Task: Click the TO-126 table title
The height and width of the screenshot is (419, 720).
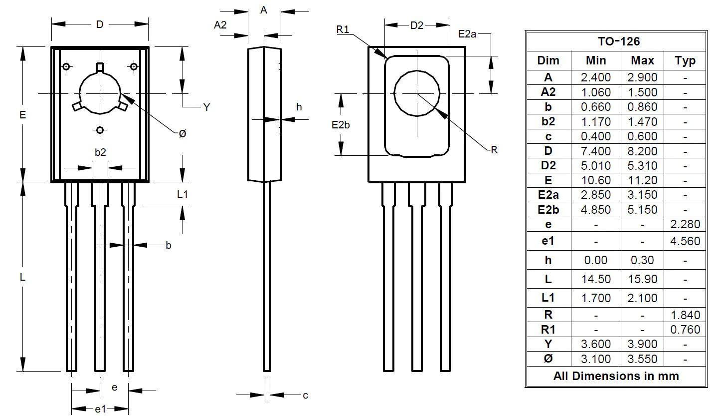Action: pyautogui.click(x=619, y=41)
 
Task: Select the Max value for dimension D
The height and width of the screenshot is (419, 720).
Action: pyautogui.click(x=643, y=151)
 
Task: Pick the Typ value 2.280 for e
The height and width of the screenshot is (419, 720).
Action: pyautogui.click(x=685, y=224)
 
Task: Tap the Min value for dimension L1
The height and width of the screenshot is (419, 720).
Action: pyautogui.click(x=596, y=298)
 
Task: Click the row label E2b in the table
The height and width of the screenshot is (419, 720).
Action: pyautogui.click(x=548, y=210)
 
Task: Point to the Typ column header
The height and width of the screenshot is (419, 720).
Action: pyautogui.click(x=685, y=60)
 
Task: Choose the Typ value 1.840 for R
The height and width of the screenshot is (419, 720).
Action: pyautogui.click(x=685, y=315)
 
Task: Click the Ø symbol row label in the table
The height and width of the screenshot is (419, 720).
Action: pyautogui.click(x=548, y=359)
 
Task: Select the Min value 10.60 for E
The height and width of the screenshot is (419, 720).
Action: pyautogui.click(x=596, y=180)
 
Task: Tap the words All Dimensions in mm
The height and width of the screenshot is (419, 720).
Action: pyautogui.click(x=616, y=376)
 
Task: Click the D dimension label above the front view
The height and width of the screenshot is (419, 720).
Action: pyautogui.click(x=100, y=24)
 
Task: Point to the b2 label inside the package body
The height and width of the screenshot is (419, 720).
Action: pyautogui.click(x=100, y=152)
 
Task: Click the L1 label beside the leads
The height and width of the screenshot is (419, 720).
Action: pyautogui.click(x=182, y=194)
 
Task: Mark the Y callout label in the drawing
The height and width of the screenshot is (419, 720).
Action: pyautogui.click(x=207, y=107)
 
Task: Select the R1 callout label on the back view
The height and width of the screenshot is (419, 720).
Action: pyautogui.click(x=343, y=29)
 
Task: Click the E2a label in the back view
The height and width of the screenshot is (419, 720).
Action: pyautogui.click(x=467, y=34)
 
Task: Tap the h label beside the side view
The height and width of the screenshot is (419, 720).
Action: pyautogui.click(x=299, y=106)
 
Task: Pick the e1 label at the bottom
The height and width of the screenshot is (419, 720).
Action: pyautogui.click(x=100, y=409)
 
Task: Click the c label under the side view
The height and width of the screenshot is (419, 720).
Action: pyautogui.click(x=305, y=395)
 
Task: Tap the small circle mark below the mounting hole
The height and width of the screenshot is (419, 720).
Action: pyautogui.click(x=100, y=130)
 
